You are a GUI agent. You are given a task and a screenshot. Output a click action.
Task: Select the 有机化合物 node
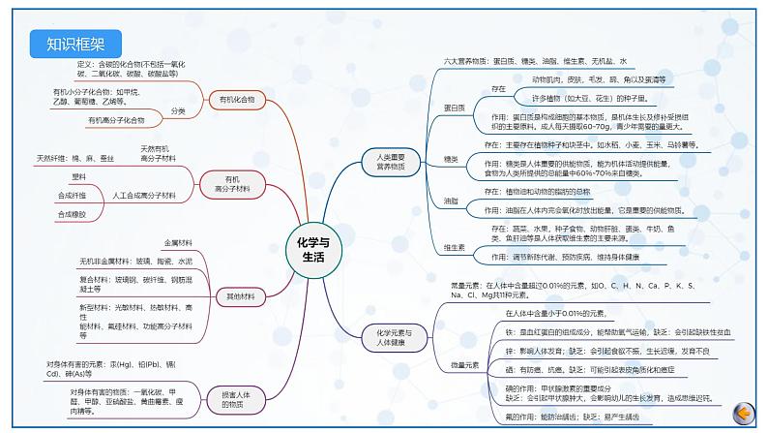238,99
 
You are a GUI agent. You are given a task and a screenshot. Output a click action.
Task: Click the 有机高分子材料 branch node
231,184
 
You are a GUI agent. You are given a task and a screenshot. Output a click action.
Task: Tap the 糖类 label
451,159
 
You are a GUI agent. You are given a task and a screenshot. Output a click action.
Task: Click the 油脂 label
451,201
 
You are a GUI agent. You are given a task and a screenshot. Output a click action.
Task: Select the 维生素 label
454,248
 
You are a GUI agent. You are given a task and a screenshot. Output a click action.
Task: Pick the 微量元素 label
464,365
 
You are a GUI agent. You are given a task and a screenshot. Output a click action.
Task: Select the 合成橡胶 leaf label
73,214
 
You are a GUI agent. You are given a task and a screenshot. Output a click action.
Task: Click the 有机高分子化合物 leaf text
116,120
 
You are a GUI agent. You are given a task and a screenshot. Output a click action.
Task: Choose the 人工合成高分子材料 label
145,196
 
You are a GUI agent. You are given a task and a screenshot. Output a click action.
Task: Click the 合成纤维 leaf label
74,196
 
